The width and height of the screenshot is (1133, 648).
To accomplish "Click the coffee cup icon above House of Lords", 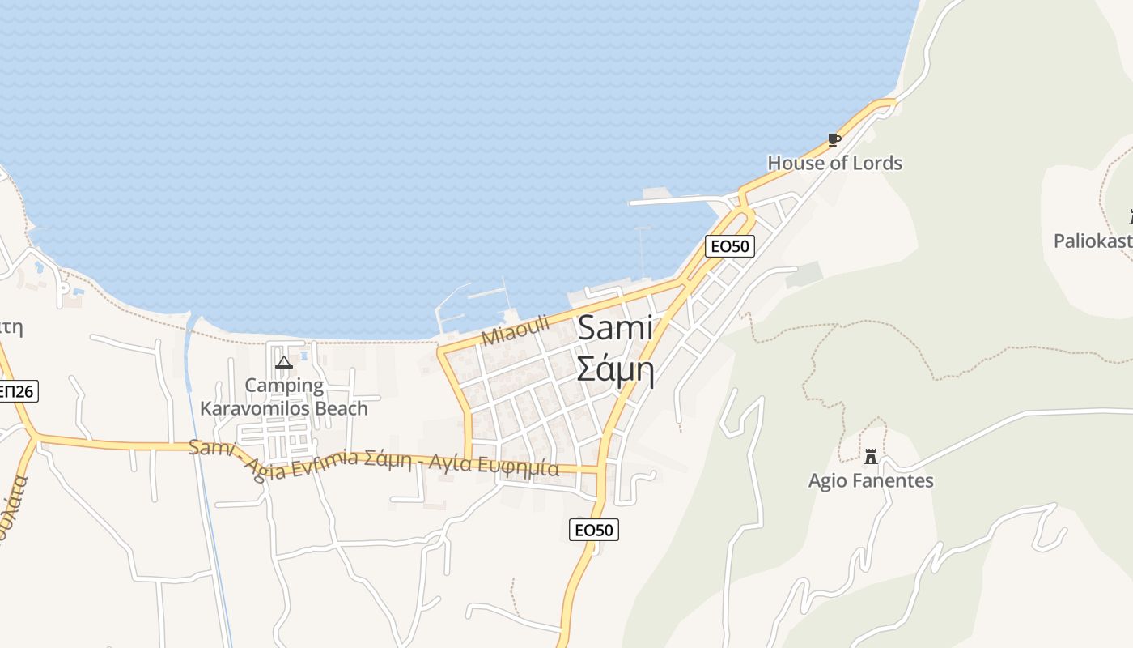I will coord(834,139).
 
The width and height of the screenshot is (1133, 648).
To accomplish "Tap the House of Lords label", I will coord(834,163).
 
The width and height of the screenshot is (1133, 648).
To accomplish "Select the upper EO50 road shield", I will coord(730,246).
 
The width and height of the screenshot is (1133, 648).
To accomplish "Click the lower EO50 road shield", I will coord(593,530).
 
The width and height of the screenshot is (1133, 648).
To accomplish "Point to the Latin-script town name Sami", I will coord(615,328).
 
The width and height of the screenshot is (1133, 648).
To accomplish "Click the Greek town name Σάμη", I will coord(615,369).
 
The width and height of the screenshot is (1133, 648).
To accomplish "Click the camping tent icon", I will coord(283,362).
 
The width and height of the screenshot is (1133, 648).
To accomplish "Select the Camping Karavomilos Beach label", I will coord(284,397).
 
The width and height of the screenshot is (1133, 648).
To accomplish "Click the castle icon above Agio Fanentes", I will coord(871,457).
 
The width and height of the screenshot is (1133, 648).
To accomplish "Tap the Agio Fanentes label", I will coord(871,481).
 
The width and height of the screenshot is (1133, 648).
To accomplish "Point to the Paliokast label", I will coord(1093,241).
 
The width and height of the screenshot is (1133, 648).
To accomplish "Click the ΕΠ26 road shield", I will coord(16,392).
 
